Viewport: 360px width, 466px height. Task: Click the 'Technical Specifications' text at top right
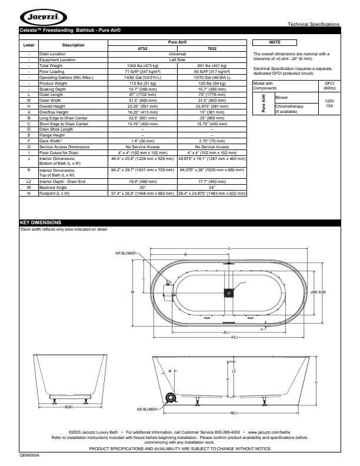point(313,24)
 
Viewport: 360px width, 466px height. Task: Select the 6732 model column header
point(142,49)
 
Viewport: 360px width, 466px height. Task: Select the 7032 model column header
point(212,49)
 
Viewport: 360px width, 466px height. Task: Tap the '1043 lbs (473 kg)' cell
point(142,65)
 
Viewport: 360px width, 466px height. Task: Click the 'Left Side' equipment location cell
point(177,59)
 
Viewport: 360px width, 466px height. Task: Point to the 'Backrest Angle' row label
point(54,204)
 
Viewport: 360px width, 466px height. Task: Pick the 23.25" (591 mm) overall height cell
point(142,105)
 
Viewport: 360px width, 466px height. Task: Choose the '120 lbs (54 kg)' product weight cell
point(212,82)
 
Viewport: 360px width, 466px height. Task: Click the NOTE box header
point(275,42)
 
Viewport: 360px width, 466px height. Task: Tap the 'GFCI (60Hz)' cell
point(329,86)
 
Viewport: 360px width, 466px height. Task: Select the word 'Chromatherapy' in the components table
point(289,106)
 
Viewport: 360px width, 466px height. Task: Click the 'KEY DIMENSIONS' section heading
point(41,223)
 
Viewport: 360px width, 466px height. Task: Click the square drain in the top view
point(228,292)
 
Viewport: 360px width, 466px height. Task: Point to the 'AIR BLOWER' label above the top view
point(125,253)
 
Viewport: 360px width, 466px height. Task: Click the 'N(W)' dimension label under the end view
point(69,407)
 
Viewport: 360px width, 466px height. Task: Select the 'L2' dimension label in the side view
point(234,371)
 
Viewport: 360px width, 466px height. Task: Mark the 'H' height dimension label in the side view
point(316,382)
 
